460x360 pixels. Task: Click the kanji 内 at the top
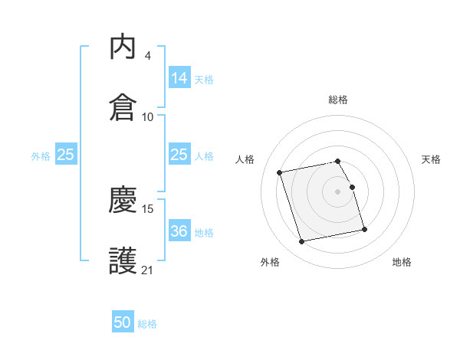click(x=123, y=48)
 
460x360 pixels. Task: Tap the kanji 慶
click(x=123, y=201)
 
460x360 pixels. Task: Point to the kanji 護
click(x=123, y=260)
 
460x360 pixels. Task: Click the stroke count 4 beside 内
click(x=147, y=56)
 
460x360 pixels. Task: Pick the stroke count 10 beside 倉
click(x=148, y=116)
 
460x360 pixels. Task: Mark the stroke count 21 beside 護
click(x=148, y=270)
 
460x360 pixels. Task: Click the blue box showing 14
click(x=179, y=77)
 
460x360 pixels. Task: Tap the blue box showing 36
click(x=179, y=231)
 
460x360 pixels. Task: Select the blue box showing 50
click(x=123, y=322)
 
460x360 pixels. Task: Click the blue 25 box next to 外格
click(x=66, y=155)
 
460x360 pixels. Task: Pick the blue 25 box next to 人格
click(x=179, y=155)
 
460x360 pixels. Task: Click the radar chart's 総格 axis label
click(x=338, y=100)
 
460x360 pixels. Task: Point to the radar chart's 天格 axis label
click(x=432, y=159)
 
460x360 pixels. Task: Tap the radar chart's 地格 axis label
click(x=402, y=262)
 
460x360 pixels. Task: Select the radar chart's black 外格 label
click(x=270, y=262)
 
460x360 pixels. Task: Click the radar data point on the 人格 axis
click(x=280, y=172)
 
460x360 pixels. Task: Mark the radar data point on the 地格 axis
click(x=364, y=230)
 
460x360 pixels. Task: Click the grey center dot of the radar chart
click(x=338, y=191)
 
